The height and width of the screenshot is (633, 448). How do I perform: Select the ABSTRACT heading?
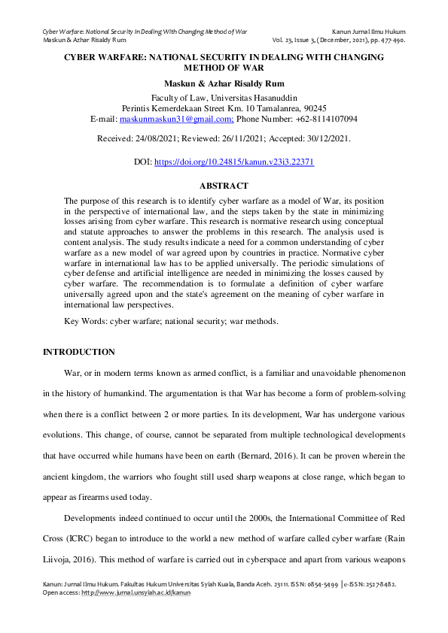224,185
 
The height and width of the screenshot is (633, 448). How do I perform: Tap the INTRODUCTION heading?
79,352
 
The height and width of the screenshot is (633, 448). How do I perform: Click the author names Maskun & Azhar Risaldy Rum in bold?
224,83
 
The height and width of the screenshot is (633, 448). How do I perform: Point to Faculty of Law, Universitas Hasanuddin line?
224,98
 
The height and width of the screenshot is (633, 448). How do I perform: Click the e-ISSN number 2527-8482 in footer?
386,583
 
